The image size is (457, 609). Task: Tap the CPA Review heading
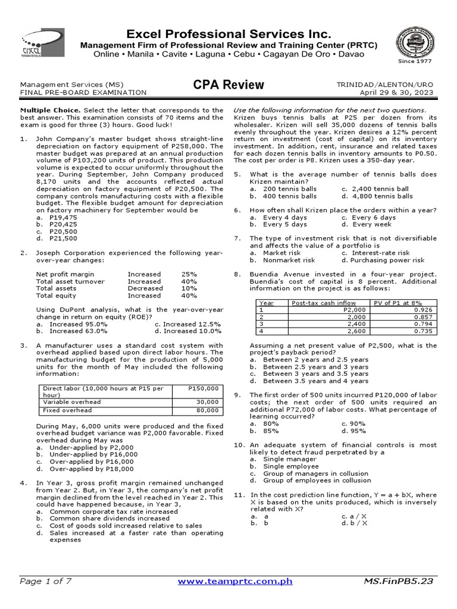pyautogui.click(x=228, y=85)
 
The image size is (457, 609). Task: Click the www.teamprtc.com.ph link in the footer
pyautogui.click(x=235, y=581)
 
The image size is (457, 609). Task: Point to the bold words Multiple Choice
pyautogui.click(x=51, y=110)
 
